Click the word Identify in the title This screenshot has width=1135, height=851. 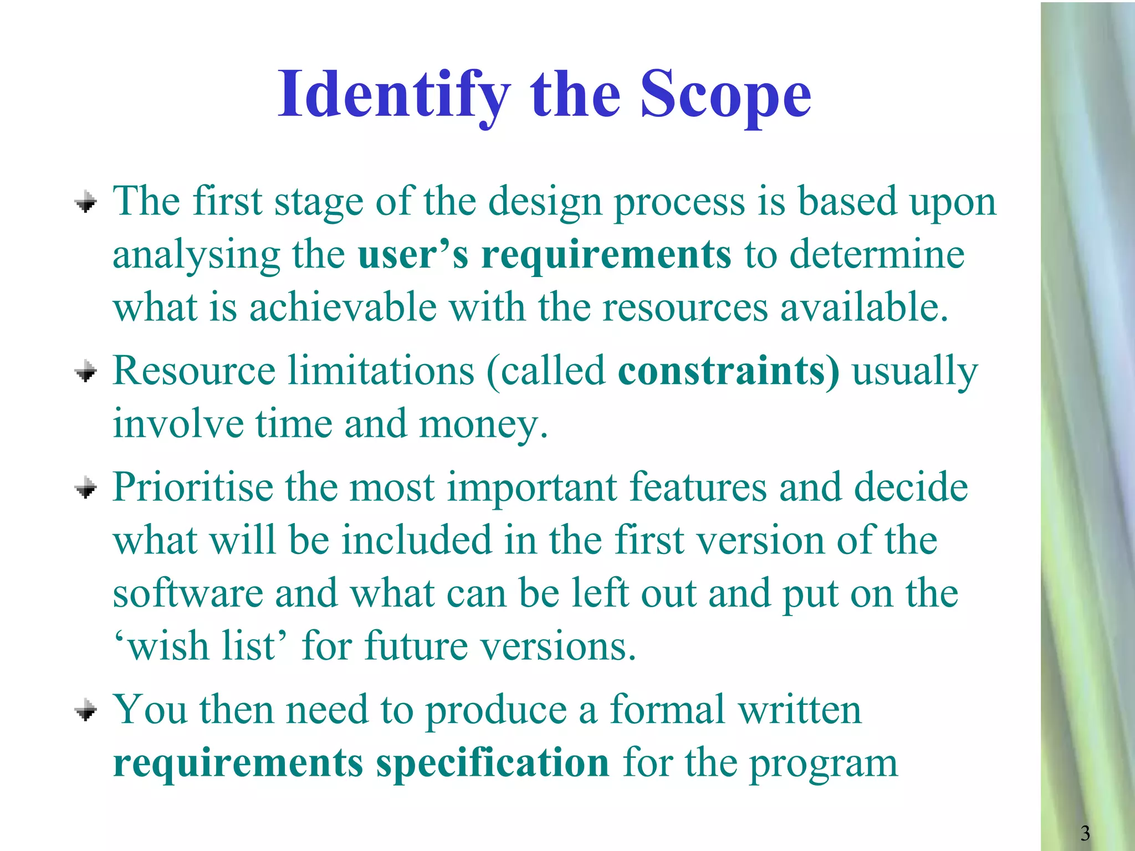(x=393, y=95)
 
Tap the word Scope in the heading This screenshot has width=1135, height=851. (x=725, y=95)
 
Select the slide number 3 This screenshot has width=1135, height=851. (x=1085, y=833)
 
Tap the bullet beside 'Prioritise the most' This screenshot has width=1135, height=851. (x=86, y=488)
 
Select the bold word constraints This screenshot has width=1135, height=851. (x=728, y=371)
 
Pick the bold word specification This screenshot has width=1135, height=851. (x=493, y=763)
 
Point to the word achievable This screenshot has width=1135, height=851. (x=342, y=308)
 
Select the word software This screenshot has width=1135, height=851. (x=188, y=594)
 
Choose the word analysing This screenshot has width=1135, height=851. (x=196, y=256)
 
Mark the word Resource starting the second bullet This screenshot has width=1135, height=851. (x=194, y=371)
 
